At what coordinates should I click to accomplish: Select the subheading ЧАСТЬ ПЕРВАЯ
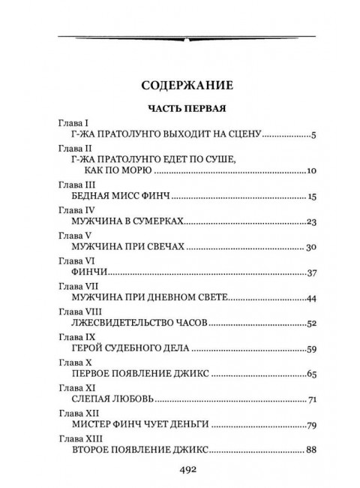(180, 107)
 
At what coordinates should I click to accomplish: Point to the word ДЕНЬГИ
(187, 425)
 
